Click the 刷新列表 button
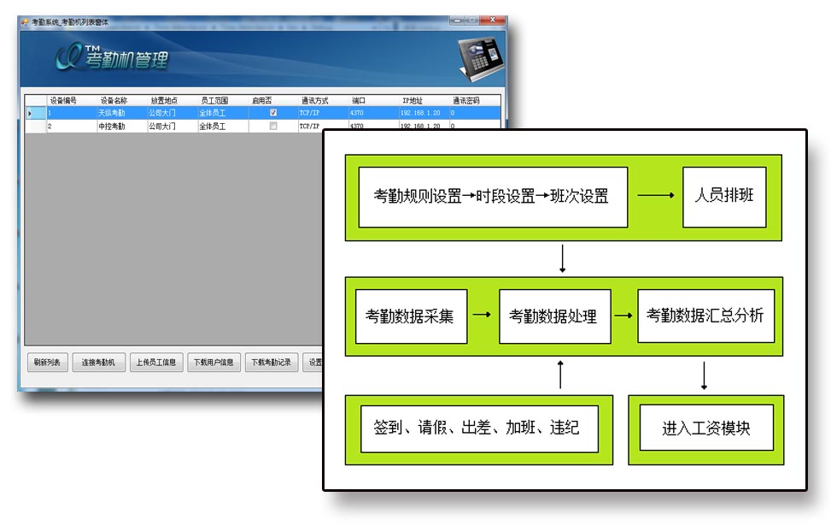(46, 362)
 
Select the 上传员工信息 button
(156, 362)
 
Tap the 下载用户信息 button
(214, 362)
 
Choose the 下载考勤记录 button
(271, 362)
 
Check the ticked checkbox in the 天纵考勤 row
(273, 113)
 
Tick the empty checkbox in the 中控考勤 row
(273, 127)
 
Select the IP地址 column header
(413, 101)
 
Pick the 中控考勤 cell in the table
(112, 127)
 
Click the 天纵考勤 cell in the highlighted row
(112, 113)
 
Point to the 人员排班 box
(724, 196)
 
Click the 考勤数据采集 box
(411, 316)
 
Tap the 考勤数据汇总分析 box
(705, 316)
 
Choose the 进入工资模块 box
(706, 428)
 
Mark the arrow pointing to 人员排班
(655, 196)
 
